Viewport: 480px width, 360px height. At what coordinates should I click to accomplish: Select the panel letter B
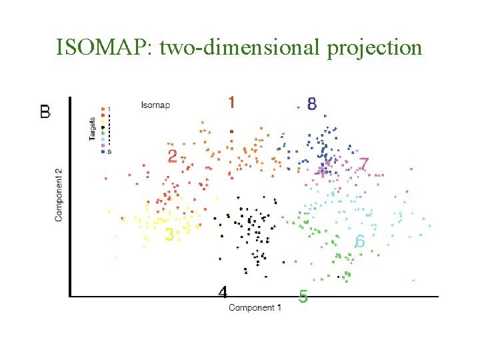point(45,112)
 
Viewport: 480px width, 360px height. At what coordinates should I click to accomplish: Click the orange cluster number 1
point(231,102)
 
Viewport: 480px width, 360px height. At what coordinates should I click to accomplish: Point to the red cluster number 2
point(173,156)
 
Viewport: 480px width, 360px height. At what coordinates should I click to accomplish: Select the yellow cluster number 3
point(169,234)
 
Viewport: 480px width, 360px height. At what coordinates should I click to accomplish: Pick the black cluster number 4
point(223,292)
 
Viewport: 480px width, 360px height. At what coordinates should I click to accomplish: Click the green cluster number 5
point(303,297)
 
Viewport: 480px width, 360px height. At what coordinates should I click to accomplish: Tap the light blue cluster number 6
point(360,241)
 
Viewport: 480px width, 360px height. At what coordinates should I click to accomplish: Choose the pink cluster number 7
point(363,163)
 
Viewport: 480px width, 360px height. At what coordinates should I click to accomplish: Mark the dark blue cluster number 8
point(311,103)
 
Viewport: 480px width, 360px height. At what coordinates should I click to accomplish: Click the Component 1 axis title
point(255,307)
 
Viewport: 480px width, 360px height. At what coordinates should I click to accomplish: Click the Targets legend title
point(92,128)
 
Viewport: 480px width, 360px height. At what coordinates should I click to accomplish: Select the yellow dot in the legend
point(103,121)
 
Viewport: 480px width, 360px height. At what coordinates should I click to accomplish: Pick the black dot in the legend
point(103,127)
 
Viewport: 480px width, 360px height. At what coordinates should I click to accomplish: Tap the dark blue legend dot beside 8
point(103,151)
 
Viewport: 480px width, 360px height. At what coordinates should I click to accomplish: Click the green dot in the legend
point(103,133)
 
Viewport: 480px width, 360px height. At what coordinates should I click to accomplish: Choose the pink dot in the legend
point(103,145)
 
